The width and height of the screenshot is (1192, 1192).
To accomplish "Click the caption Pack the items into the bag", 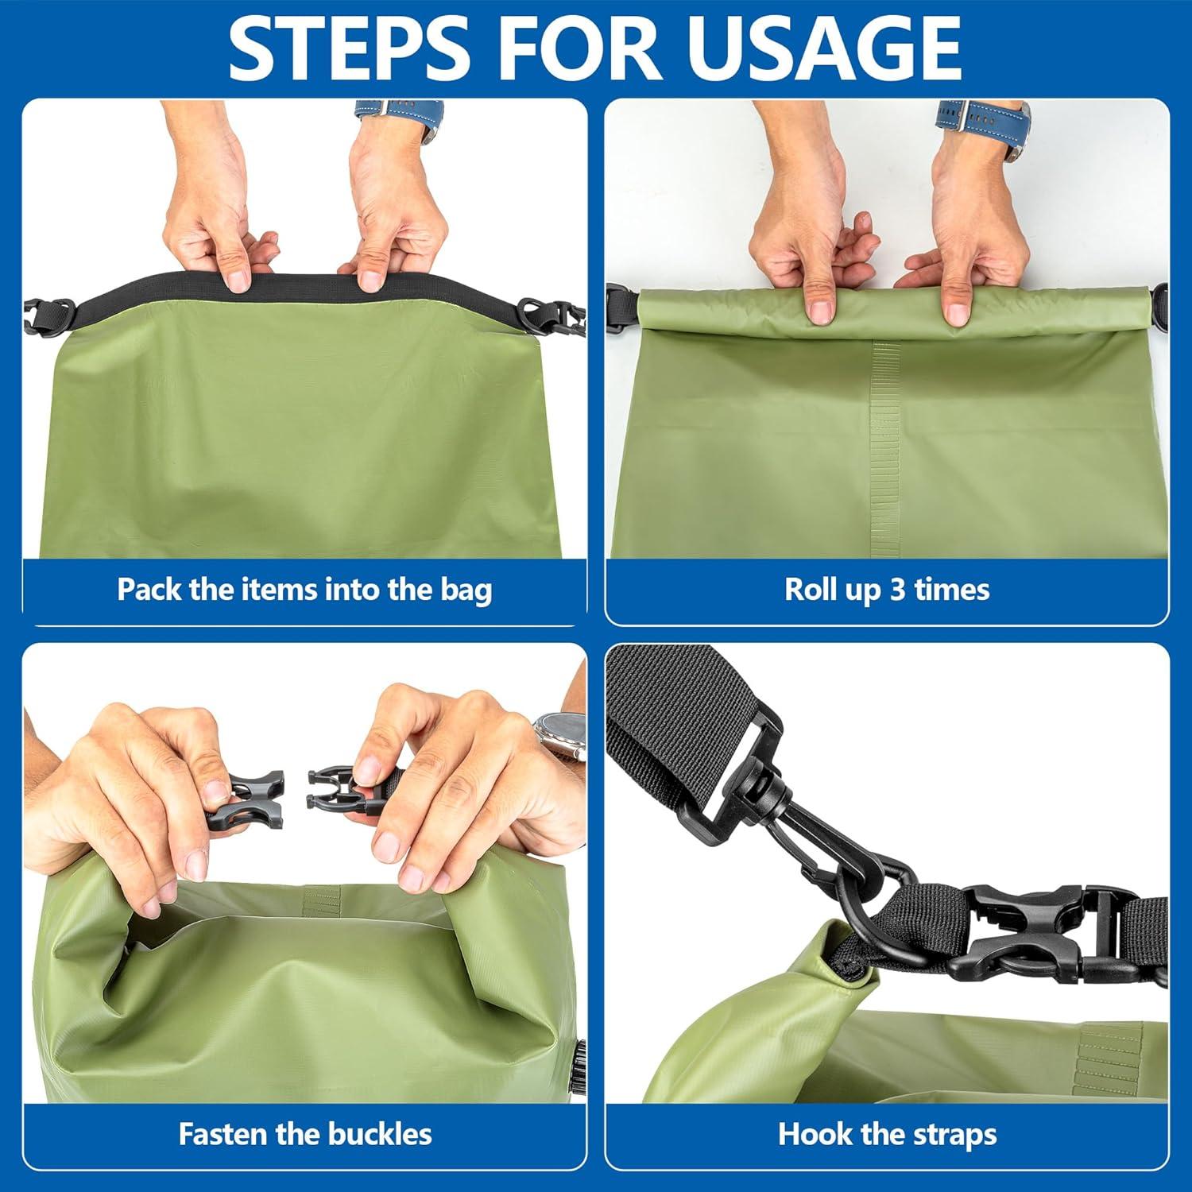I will [304, 590].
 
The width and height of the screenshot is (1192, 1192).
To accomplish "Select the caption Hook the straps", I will [887, 1134].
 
